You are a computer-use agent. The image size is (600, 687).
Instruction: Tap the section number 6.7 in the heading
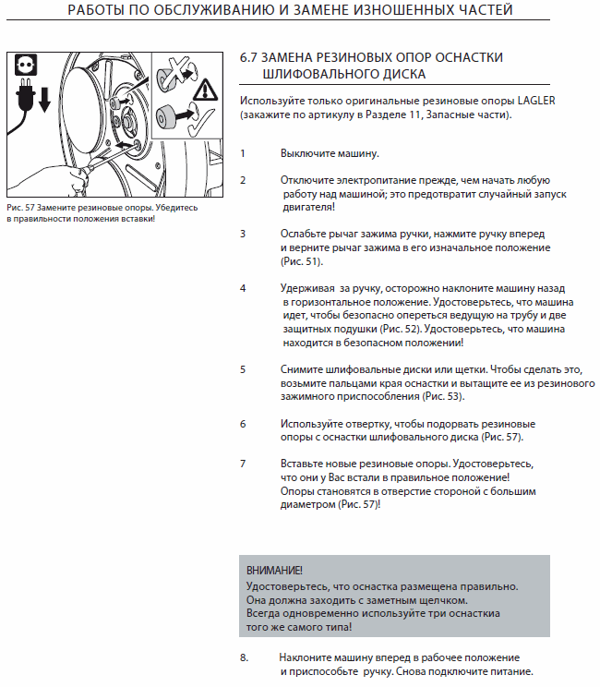pos(248,57)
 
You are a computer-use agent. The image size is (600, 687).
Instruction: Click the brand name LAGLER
pos(542,100)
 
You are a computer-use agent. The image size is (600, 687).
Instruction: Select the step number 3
pos(243,234)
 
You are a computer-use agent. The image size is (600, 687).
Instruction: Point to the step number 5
pos(243,368)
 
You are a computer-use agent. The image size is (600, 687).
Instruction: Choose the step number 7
pos(243,462)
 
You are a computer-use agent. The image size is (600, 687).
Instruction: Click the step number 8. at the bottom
pos(245,657)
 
